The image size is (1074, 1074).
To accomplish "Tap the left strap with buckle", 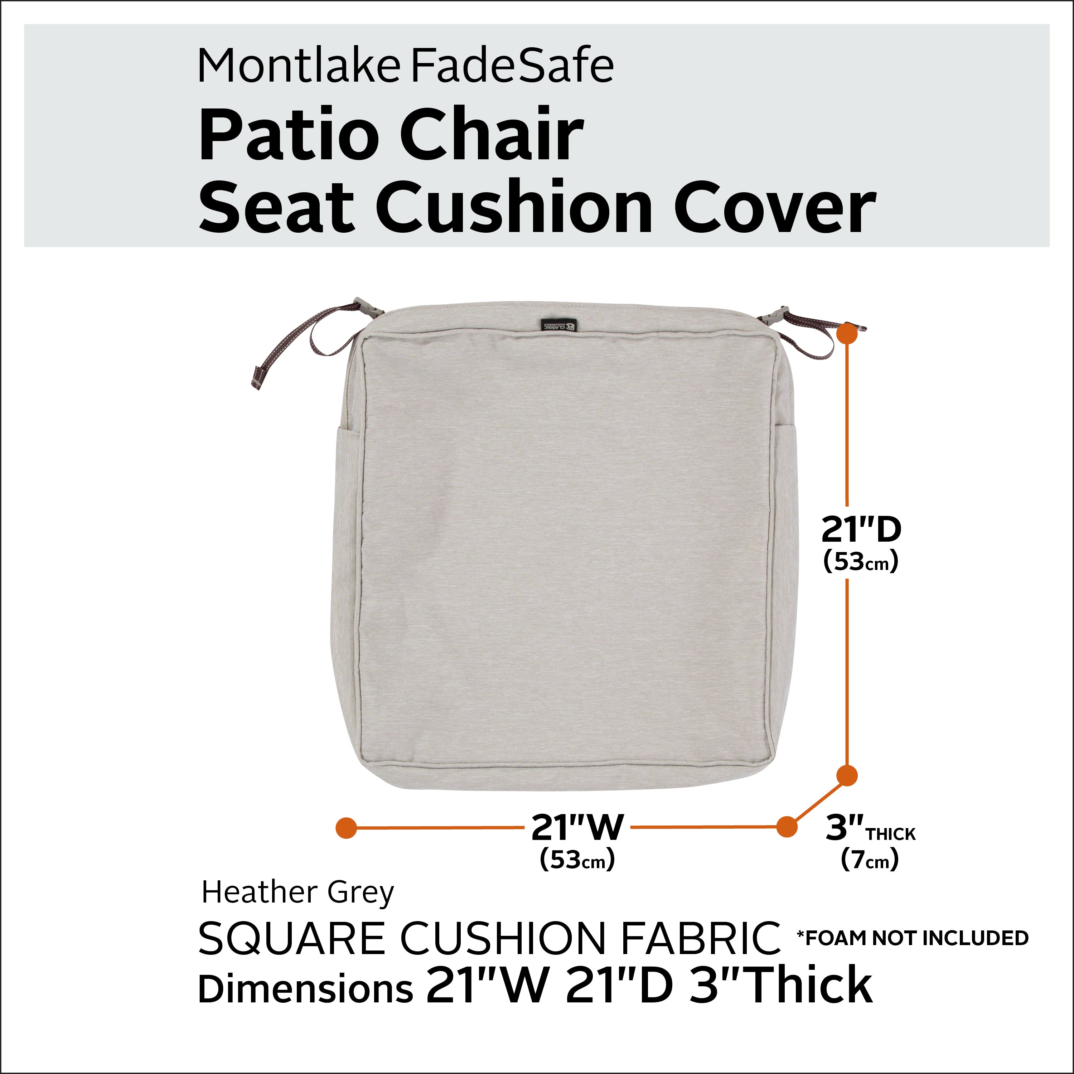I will [311, 339].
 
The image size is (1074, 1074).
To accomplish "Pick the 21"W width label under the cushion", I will [577, 827].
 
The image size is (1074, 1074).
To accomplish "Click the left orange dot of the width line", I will [346, 828].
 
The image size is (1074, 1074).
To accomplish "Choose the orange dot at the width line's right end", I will [787, 827].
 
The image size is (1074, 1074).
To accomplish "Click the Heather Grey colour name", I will [297, 893].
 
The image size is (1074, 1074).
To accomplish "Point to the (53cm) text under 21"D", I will [861, 561].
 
